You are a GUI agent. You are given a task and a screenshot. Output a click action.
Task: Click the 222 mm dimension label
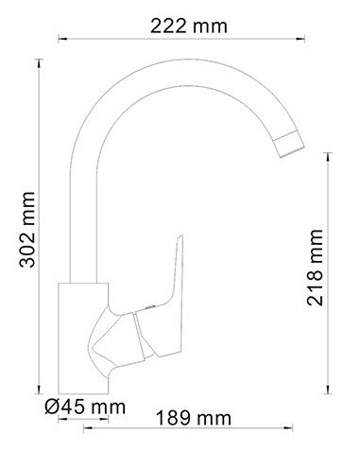pos(189,26)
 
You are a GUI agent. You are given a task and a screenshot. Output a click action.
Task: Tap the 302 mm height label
pos(27,230)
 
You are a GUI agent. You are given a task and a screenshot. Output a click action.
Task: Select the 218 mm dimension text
pos(316,268)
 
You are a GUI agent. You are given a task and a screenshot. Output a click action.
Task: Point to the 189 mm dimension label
pos(194,419)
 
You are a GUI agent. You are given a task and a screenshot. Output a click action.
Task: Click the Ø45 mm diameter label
pos(85,408)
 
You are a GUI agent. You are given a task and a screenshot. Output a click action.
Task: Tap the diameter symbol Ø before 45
pos(52,408)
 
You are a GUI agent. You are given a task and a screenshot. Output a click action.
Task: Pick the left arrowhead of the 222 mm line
pos(62,39)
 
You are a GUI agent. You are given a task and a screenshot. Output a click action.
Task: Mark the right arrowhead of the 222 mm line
pos(301,39)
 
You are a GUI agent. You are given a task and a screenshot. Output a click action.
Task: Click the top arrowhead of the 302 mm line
pos(39,62)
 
